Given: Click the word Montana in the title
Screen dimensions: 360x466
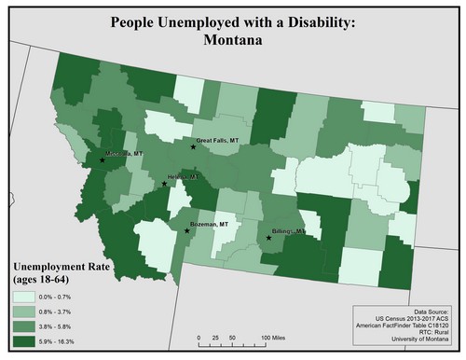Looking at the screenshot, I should tap(232, 41).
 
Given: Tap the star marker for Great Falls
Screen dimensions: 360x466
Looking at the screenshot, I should tap(193, 146).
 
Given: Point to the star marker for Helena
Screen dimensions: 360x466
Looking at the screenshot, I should tap(165, 183).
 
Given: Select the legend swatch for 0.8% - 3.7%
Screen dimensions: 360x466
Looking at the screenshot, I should tap(31, 312).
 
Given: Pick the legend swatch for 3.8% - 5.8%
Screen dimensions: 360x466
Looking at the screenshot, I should tap(31, 328).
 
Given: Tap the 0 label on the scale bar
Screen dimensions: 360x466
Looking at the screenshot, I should tap(199, 333).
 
